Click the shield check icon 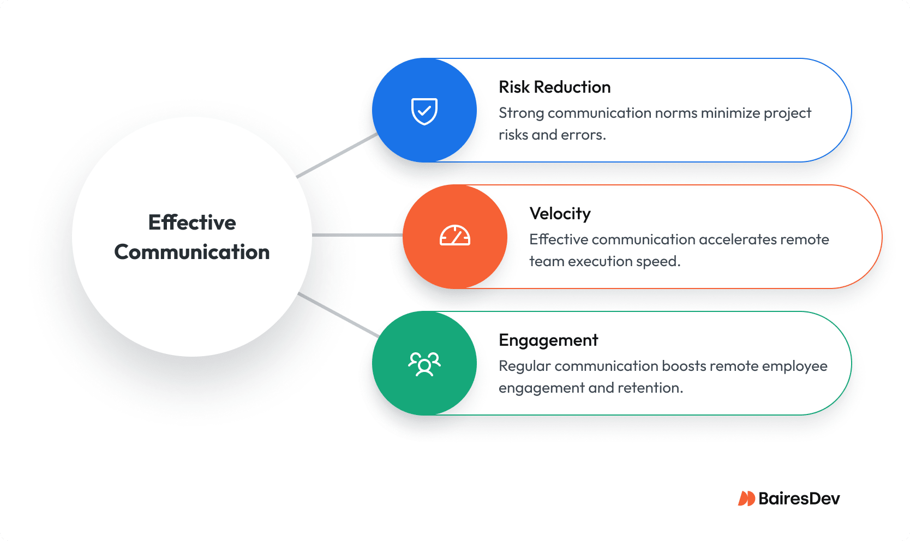click(424, 111)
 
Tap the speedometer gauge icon click(454, 236)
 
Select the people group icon click(424, 364)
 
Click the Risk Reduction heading click(554, 87)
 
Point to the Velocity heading click(560, 214)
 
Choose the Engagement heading click(548, 340)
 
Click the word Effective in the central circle click(192, 223)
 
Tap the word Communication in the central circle click(192, 252)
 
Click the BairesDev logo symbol click(746, 498)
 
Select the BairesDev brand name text click(799, 498)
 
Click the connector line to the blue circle click(337, 155)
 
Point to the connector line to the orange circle click(357, 235)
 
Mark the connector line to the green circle click(338, 315)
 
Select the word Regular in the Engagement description click(524, 366)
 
